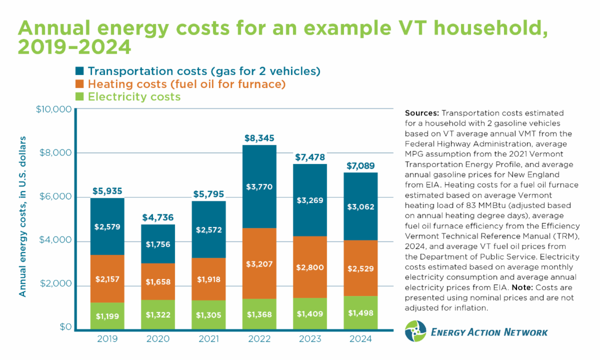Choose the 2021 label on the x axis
pos(209,339)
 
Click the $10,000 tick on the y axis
pos(54,109)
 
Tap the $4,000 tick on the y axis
pos(56,240)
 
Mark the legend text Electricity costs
pos(134,97)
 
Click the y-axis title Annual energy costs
pos(23,216)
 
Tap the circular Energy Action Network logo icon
pos(415,332)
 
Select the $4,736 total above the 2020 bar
pos(157,217)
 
